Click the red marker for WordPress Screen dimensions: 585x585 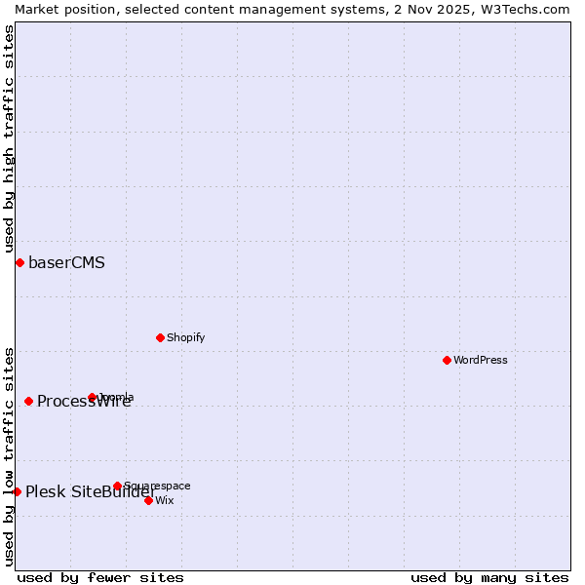point(447,360)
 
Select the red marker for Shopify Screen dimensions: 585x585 point(160,337)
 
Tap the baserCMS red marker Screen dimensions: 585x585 point(19,262)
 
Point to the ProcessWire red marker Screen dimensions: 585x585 point(28,401)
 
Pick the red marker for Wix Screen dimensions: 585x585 point(148,500)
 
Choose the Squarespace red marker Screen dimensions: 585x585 point(117,486)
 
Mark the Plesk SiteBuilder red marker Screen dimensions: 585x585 point(17,491)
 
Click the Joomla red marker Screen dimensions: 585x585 point(93,397)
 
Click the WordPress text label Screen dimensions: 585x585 point(481,360)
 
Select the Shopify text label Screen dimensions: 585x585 point(185,337)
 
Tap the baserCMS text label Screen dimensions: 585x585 point(66,262)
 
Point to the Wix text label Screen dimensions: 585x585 point(164,500)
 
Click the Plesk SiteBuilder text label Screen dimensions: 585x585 point(91,491)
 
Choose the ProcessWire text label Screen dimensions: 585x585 point(84,401)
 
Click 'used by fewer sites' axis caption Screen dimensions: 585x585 point(100,577)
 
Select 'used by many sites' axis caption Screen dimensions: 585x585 point(489,577)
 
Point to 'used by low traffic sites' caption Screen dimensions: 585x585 point(9,455)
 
